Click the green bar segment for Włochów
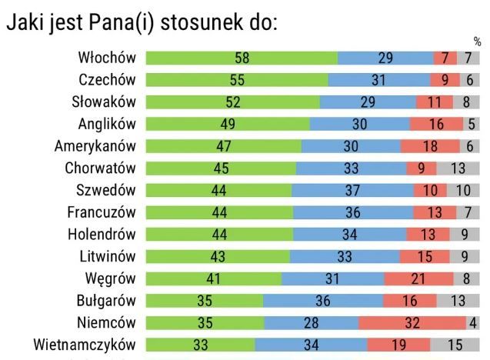[x=242, y=58]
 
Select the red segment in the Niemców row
[x=412, y=323]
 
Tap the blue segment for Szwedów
[x=352, y=190]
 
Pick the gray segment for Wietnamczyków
[x=455, y=345]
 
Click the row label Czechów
[x=107, y=79]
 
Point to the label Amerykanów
[x=95, y=146]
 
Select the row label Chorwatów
[x=100, y=168]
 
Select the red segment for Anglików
[x=436, y=124]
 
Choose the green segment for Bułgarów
[x=205, y=301]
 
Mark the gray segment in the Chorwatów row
[x=458, y=168]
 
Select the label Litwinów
[x=106, y=256]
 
